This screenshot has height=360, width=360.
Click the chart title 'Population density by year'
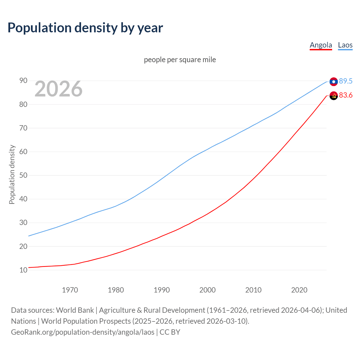coord(85,28)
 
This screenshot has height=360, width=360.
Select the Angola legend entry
coord(321,45)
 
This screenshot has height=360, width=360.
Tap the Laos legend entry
coord(345,45)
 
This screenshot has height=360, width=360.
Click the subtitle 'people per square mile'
coord(180,60)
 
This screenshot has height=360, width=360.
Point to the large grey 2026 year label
coord(58,89)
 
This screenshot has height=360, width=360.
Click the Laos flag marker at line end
coord(334,82)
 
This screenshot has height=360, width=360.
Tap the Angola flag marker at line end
coord(334,96)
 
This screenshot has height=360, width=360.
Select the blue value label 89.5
coord(346,81)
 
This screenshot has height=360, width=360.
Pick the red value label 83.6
coord(346,95)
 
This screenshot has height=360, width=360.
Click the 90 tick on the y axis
coord(23,81)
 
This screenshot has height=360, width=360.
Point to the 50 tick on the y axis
coord(23,175)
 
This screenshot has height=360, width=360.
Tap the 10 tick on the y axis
coord(23,270)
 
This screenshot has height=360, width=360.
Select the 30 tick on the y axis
coord(23,223)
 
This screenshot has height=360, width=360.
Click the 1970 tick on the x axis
coord(70,290)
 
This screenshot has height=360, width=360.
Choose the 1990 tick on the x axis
coord(162,290)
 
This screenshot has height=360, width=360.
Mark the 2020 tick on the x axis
coord(299,290)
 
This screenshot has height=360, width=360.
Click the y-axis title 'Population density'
coord(12,174)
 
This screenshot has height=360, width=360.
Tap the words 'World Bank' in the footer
coord(75,310)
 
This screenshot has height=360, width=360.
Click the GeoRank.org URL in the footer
coord(83,332)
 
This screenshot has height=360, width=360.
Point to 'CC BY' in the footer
coord(170,332)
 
